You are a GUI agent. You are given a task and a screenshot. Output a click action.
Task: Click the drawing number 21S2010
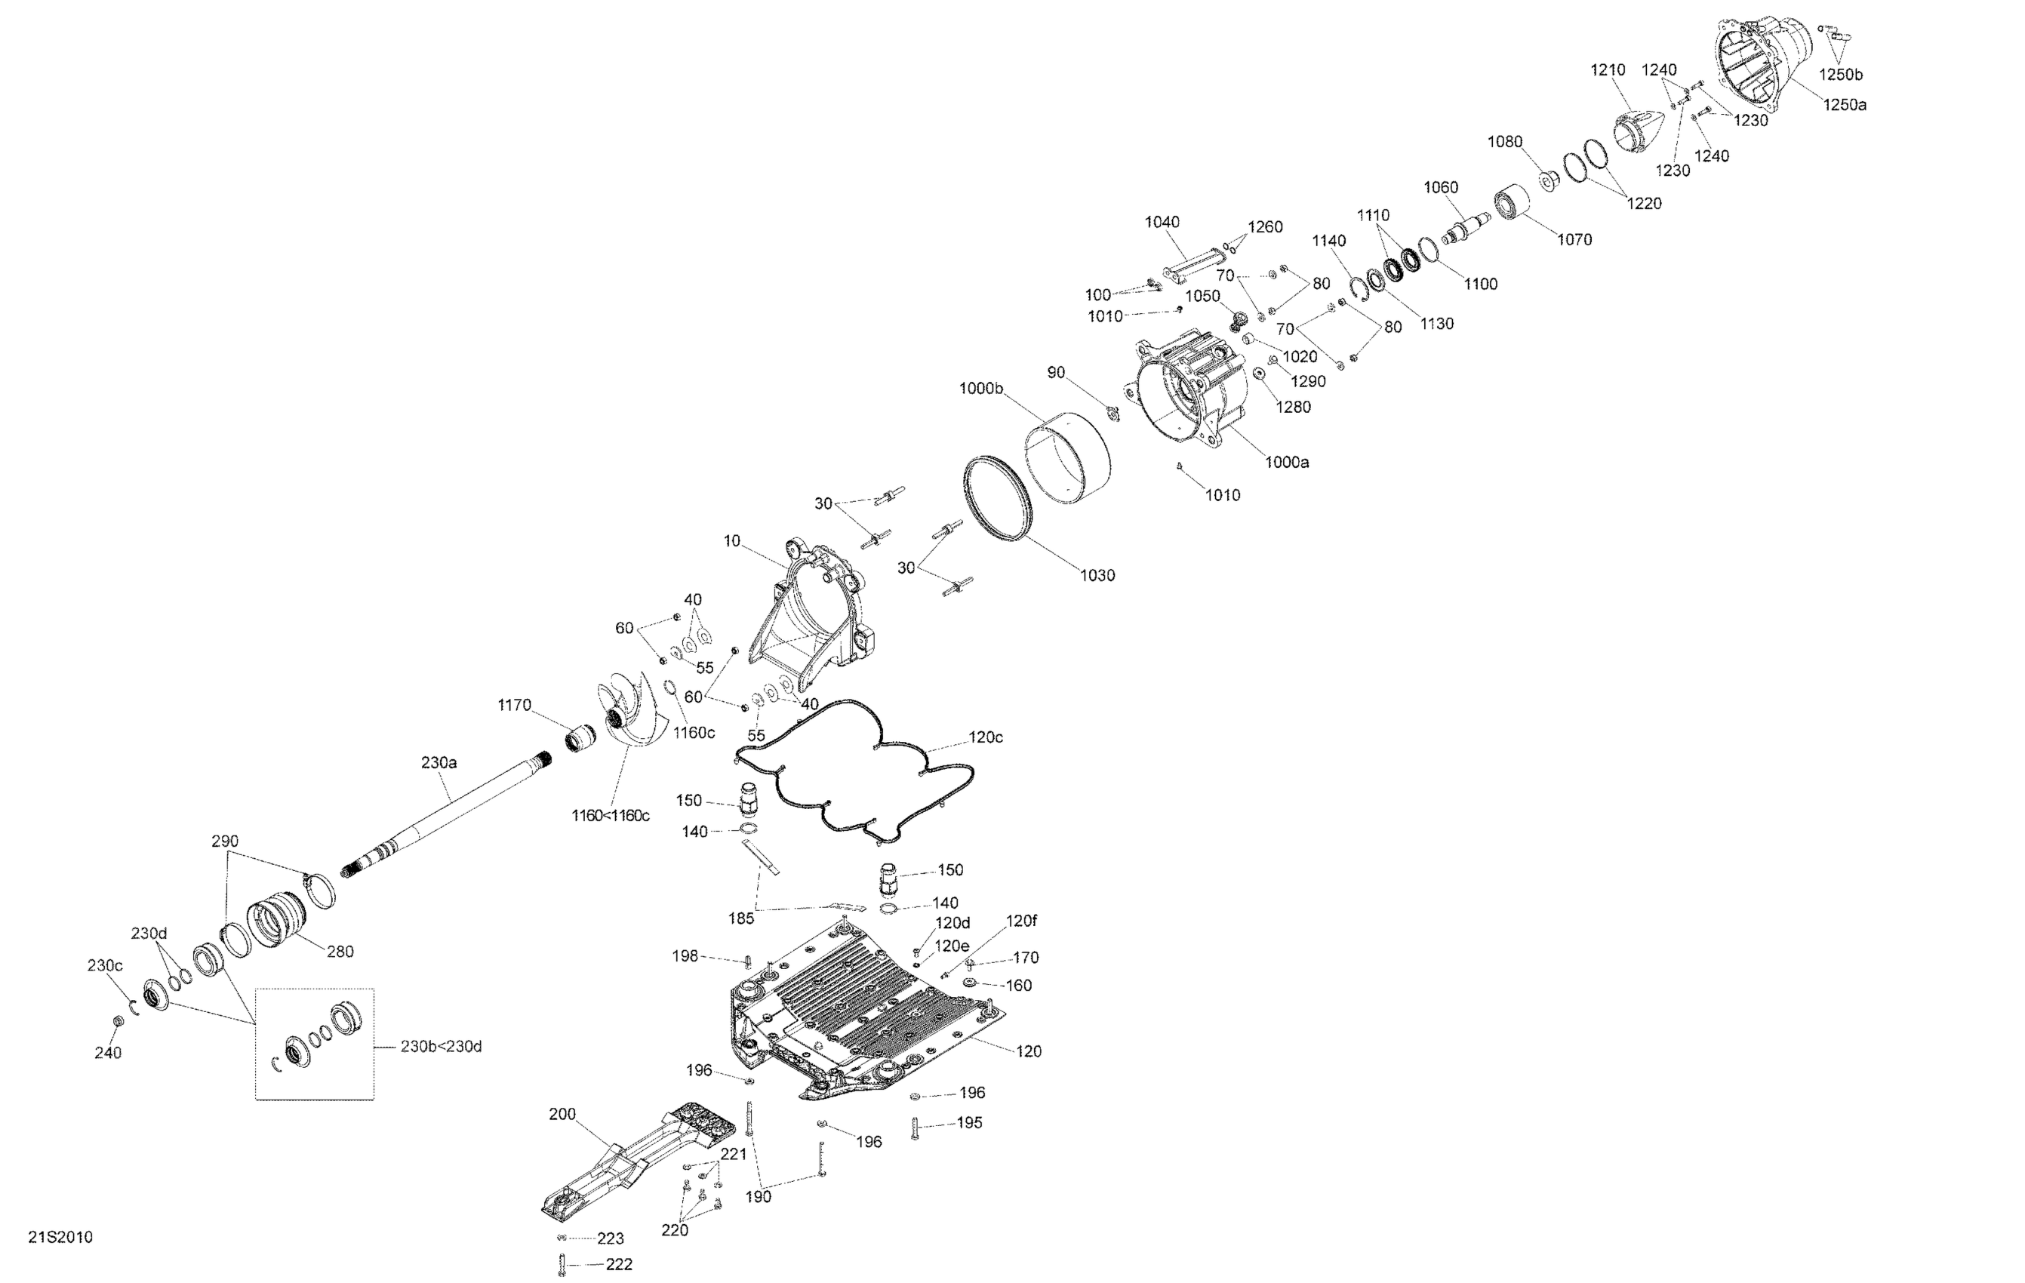click(60, 1238)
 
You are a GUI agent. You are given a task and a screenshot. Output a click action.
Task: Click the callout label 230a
click(439, 762)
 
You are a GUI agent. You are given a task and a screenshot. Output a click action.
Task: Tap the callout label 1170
click(514, 706)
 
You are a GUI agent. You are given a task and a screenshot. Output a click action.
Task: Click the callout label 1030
click(1097, 575)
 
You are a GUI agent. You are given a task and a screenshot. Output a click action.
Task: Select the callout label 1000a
click(1287, 462)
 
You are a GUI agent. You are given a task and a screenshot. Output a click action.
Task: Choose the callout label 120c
click(986, 737)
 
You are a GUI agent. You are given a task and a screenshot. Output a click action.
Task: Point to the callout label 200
click(562, 1115)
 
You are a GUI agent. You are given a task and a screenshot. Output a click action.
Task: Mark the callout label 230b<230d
click(441, 1047)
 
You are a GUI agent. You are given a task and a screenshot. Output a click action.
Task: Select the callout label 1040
click(1162, 222)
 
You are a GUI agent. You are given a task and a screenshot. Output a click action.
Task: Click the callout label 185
click(741, 919)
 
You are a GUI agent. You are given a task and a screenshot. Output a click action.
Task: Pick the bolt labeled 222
click(562, 1263)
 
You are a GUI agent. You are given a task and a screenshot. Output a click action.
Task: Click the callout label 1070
click(1574, 239)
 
